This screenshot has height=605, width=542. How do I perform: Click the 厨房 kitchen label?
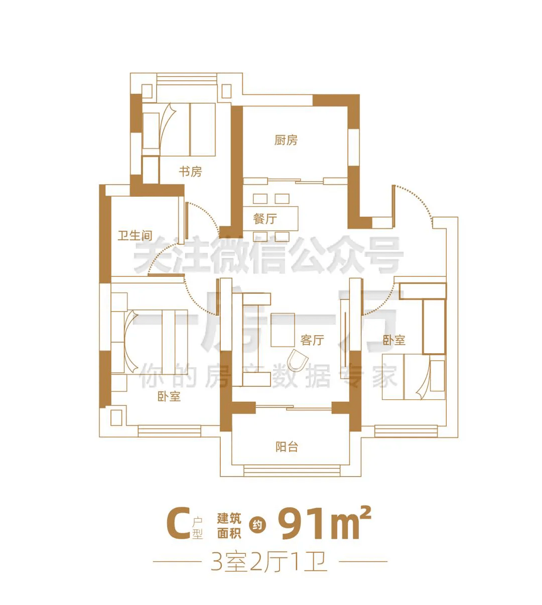[286, 140]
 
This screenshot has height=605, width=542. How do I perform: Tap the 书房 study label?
[190, 172]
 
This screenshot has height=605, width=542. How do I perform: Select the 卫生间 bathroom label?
[135, 236]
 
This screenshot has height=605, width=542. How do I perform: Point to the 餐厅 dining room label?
[264, 219]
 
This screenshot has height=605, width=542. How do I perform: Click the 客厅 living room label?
[312, 340]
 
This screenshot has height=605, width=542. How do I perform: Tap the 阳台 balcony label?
[287, 447]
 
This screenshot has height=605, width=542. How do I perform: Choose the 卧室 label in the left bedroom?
[169, 397]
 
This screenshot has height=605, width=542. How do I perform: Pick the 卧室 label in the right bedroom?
[394, 340]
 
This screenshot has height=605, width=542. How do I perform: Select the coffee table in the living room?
[283, 330]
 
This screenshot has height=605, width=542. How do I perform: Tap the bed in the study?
[179, 129]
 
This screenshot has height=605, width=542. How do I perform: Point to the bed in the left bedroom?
[150, 342]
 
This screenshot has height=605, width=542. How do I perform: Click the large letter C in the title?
[178, 523]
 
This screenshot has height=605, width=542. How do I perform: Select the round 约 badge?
[257, 525]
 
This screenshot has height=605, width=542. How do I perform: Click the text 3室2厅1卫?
[269, 561]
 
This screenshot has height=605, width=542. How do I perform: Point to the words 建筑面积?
[229, 525]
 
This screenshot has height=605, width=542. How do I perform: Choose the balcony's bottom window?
[292, 471]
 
